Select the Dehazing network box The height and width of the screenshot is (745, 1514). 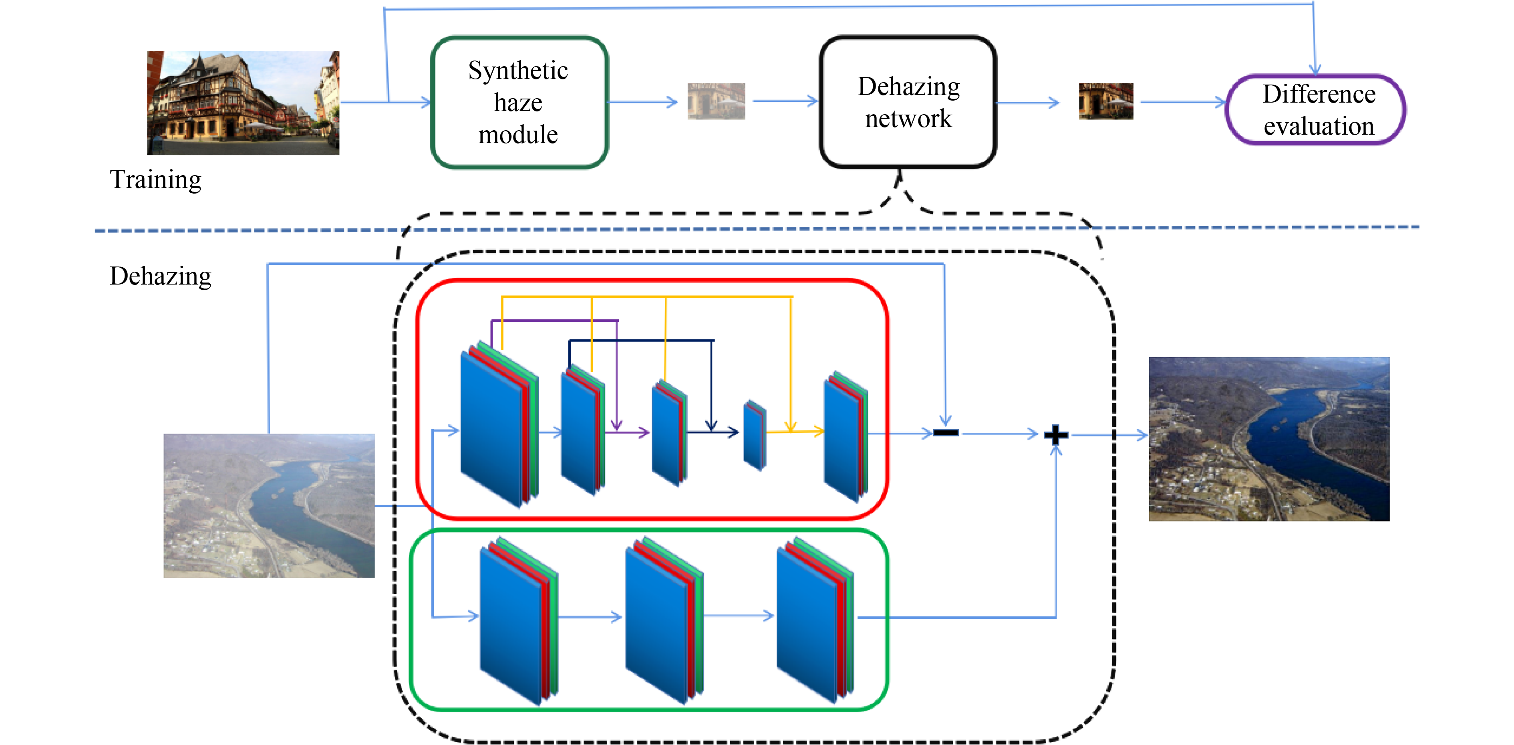click(908, 102)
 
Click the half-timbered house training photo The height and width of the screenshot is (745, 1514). click(243, 103)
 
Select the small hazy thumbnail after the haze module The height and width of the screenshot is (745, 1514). click(716, 101)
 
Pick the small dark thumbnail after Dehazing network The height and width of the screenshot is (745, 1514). click(1105, 101)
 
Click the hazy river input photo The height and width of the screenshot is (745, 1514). click(269, 506)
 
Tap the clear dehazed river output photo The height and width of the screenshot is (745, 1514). click(1268, 439)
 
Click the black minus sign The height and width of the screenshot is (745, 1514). click(945, 433)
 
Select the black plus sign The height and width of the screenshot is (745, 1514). click(1055, 434)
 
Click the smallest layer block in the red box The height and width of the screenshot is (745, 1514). click(755, 436)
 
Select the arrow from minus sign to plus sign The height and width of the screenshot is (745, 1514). click(999, 434)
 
